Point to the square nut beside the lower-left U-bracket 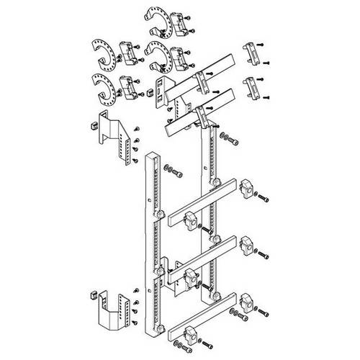[91, 294]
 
